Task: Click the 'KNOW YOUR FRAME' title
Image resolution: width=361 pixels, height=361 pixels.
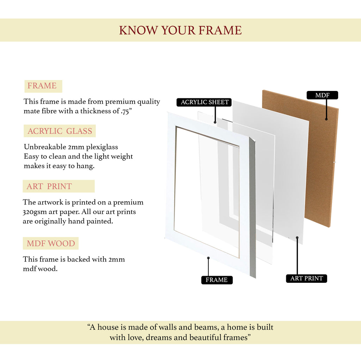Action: point(180,30)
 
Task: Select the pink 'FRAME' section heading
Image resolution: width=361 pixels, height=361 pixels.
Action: point(42,86)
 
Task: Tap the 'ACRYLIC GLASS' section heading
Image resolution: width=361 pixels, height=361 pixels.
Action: point(60,131)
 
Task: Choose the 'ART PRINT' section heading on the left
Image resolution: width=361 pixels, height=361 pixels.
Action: point(49,186)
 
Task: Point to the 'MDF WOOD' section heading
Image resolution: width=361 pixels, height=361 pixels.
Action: point(51,243)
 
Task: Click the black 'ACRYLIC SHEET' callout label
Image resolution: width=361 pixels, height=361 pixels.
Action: point(204,102)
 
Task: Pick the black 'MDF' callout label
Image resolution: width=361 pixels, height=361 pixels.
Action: point(322,95)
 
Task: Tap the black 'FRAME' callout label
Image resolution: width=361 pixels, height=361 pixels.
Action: point(217,280)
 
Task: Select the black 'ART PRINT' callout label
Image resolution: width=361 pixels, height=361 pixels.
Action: point(306,279)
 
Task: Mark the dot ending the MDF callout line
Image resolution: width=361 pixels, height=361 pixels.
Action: point(326,119)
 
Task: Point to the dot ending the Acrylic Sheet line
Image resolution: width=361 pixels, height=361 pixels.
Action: point(215,122)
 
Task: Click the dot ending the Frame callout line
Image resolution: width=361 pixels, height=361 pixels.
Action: point(208,258)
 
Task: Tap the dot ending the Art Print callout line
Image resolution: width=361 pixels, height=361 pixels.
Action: point(297,238)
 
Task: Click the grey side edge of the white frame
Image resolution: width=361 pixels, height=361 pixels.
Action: point(252,207)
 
